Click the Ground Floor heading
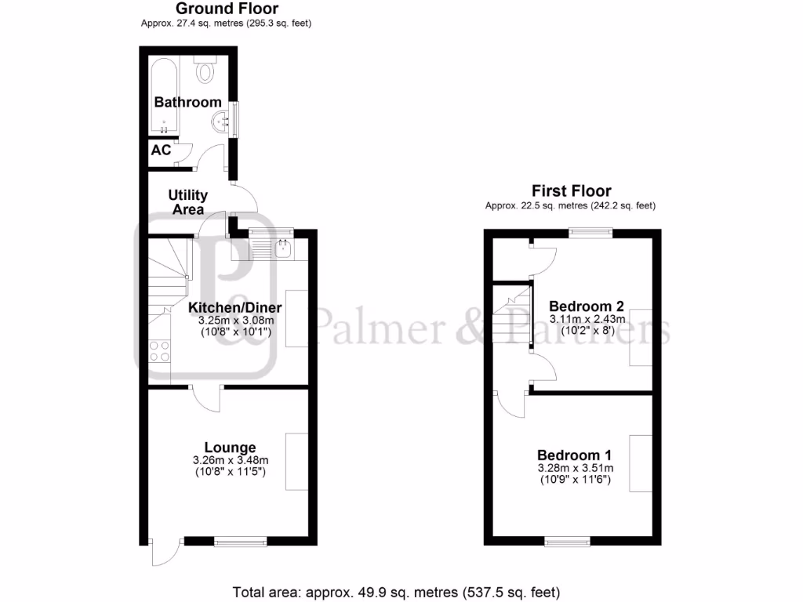(x=227, y=9)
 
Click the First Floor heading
(x=571, y=190)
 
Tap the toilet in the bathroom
(x=205, y=71)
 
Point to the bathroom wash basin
(x=222, y=121)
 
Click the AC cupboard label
(x=161, y=150)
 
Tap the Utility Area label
(x=188, y=202)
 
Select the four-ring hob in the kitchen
(x=159, y=350)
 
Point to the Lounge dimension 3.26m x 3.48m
(x=231, y=460)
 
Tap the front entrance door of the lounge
(x=162, y=553)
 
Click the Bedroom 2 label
(x=587, y=306)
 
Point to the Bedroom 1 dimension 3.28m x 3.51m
(x=575, y=468)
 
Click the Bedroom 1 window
(x=568, y=540)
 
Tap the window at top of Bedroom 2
(x=590, y=231)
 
